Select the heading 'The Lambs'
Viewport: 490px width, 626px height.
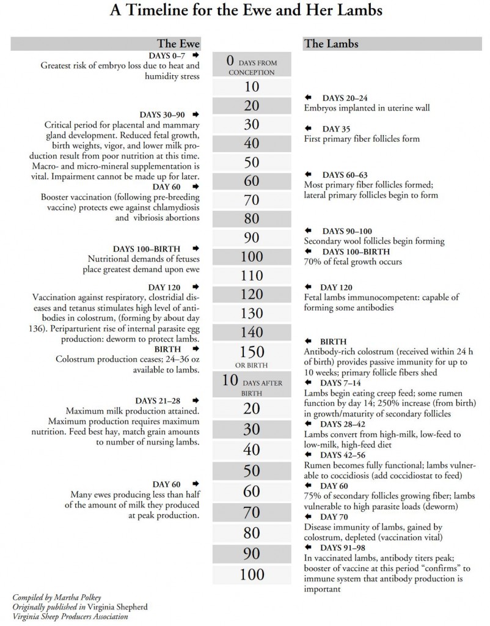[331, 44]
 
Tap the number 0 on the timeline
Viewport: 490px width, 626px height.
[230, 61]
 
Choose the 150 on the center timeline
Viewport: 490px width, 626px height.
[252, 352]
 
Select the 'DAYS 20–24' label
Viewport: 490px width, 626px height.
[345, 98]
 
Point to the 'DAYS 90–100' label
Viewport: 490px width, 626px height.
[347, 231]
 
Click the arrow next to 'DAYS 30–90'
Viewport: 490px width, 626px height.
[196, 114]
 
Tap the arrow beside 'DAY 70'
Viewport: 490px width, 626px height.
[309, 517]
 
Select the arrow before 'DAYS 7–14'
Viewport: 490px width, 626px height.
[309, 382]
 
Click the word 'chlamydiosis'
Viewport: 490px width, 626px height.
[172, 208]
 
